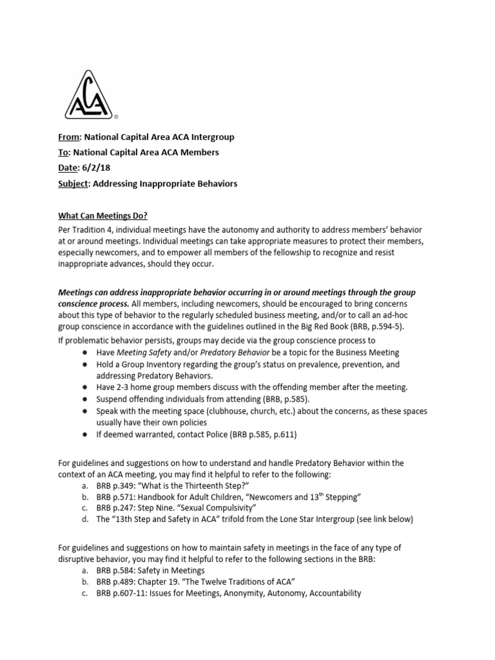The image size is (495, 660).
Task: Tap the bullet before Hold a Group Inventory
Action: [86, 364]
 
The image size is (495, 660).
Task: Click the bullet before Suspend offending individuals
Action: [86, 399]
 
